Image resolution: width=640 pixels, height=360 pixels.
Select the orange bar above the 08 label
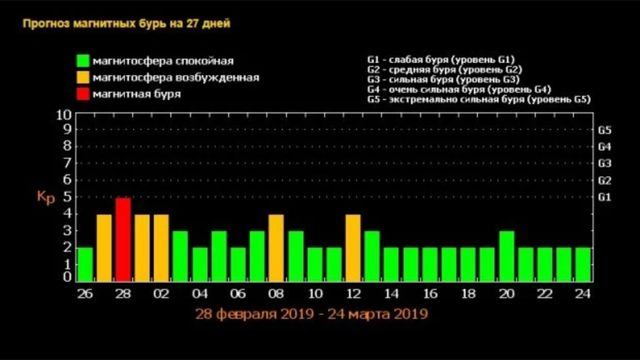pyautogui.click(x=276, y=248)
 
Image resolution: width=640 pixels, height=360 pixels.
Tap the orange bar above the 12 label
pyautogui.click(x=352, y=248)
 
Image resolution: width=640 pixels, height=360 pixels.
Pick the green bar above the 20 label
pyautogui.click(x=506, y=256)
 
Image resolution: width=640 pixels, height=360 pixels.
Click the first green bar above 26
pyautogui.click(x=85, y=264)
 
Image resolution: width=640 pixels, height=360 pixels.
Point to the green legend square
pyautogui.click(x=80, y=59)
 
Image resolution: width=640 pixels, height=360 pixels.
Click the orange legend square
pyautogui.click(x=80, y=76)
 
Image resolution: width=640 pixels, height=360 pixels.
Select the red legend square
pyautogui.click(x=80, y=93)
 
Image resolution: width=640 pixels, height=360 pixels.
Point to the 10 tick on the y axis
pyautogui.click(x=64, y=116)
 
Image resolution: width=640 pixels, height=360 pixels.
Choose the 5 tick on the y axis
pyautogui.click(x=66, y=197)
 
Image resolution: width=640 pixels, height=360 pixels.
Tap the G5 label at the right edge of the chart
pyautogui.click(x=604, y=131)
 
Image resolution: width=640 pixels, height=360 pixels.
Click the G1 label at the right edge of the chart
pyautogui.click(x=604, y=197)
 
